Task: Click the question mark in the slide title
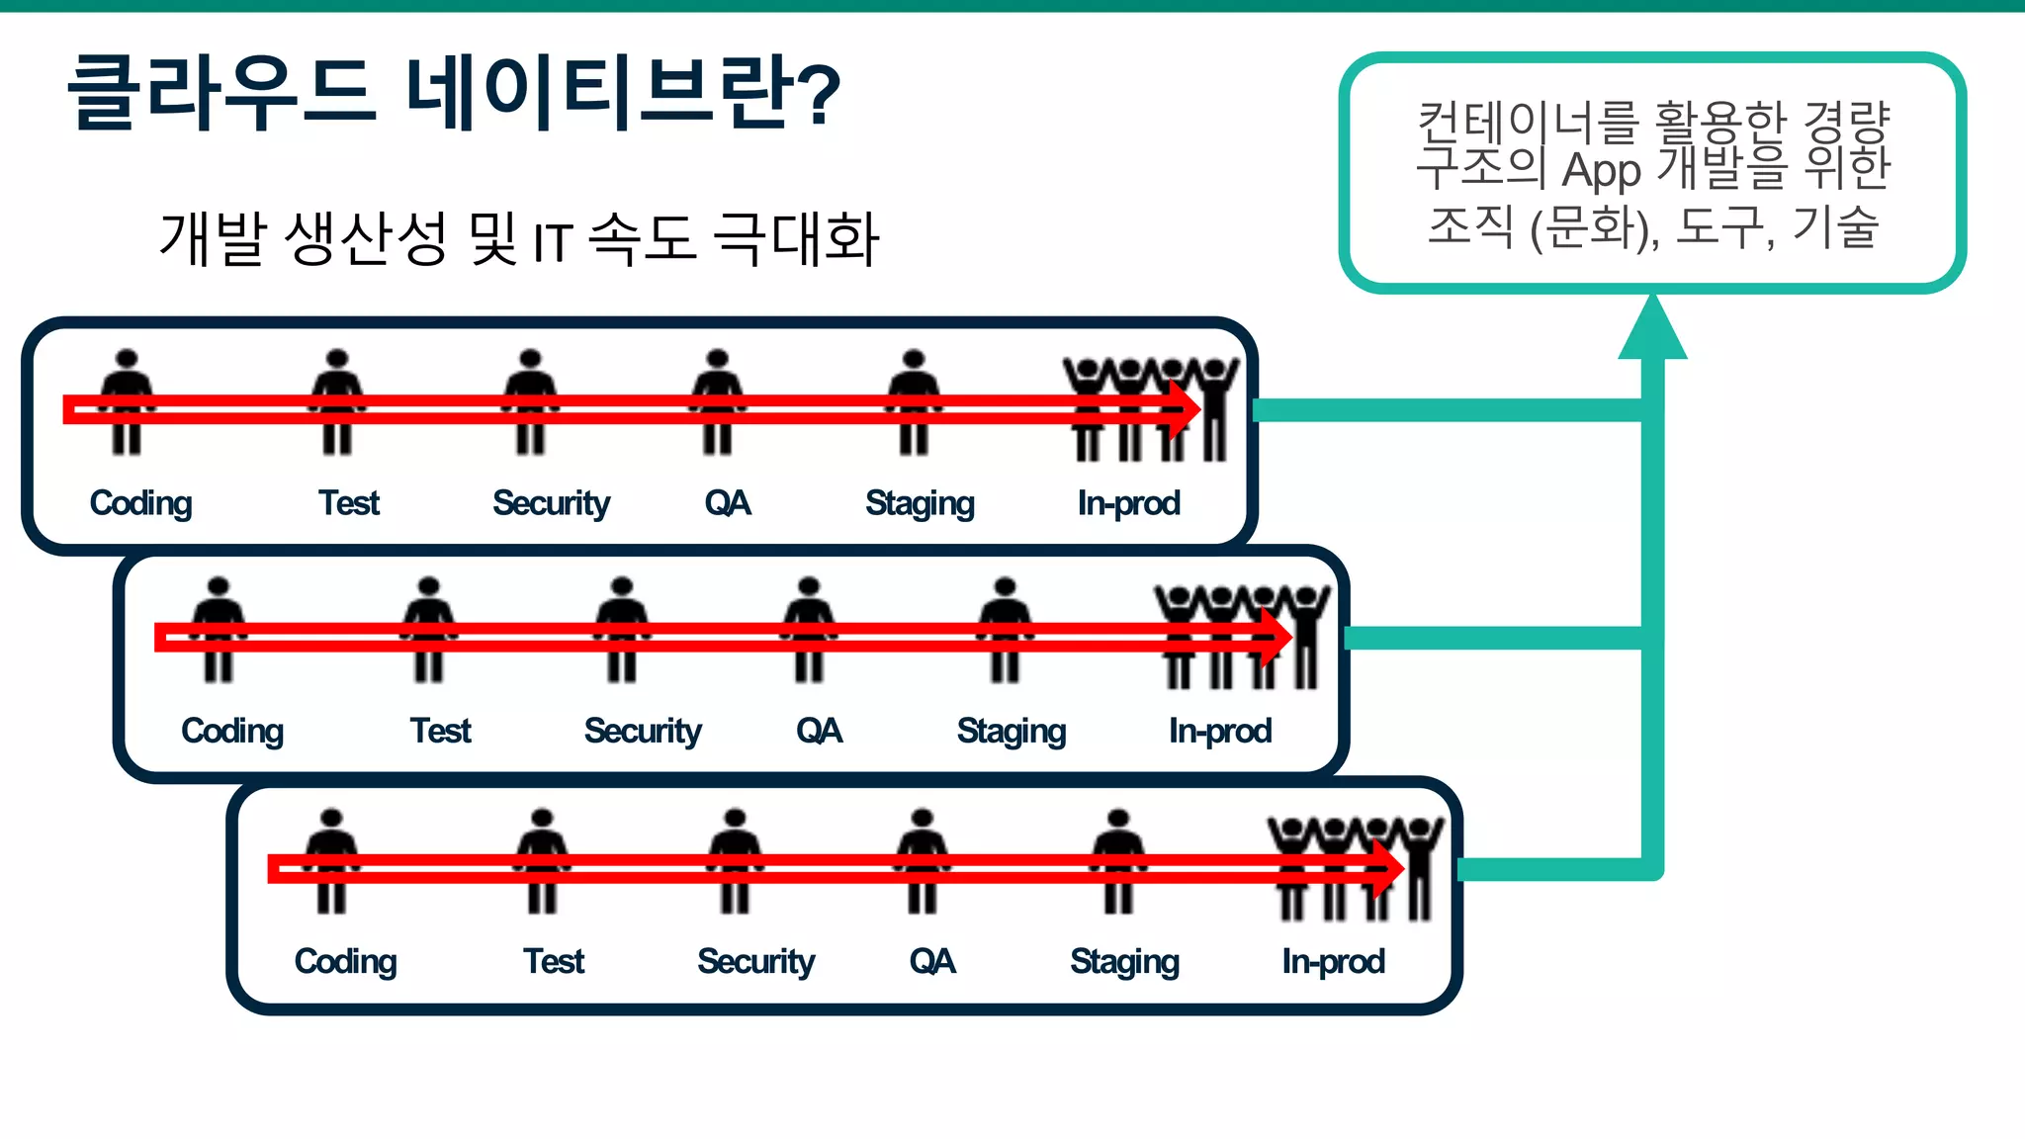point(816,94)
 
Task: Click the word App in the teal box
point(1601,170)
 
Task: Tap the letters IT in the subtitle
point(553,242)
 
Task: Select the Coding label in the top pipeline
point(140,503)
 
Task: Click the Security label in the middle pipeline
point(643,731)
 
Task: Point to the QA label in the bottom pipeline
point(932,961)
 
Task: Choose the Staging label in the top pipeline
point(920,503)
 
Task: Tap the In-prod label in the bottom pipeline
point(1333,961)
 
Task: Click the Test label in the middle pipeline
point(440,731)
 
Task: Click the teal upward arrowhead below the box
point(1652,329)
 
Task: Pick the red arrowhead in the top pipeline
point(1184,409)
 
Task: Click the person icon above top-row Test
point(337,400)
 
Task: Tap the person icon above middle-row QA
point(809,629)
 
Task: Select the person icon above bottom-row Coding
point(331,860)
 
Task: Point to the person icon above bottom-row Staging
point(1118,860)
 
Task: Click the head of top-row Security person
point(530,359)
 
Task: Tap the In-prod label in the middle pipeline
point(1219,731)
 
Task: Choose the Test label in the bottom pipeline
point(554,961)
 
